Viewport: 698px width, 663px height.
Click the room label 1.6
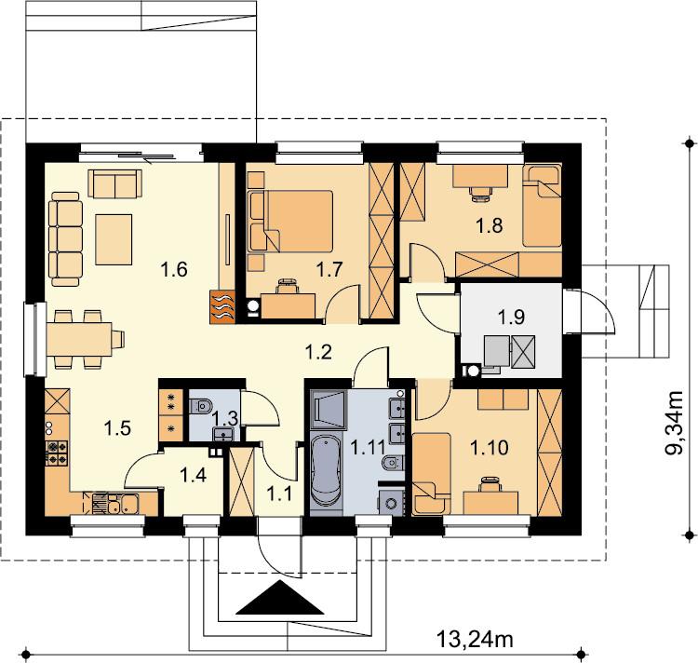[174, 270]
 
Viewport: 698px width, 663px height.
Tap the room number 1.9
[511, 317]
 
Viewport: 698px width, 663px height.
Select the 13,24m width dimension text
[475, 640]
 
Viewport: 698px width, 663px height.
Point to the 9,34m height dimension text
[674, 423]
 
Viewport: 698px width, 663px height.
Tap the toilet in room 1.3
[200, 406]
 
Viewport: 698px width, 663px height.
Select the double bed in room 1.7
[290, 222]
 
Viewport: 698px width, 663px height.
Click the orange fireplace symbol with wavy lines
[222, 306]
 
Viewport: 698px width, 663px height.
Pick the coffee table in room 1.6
[114, 239]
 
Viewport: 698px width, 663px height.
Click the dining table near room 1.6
[80, 339]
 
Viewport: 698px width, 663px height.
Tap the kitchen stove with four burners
[57, 453]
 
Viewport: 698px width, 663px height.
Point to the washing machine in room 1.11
[391, 503]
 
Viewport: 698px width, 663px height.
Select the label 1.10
[490, 449]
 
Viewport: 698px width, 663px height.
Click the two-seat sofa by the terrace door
[114, 183]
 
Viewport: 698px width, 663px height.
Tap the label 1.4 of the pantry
[193, 475]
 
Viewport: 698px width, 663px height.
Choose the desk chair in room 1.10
[490, 484]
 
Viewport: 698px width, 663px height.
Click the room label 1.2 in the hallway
[318, 352]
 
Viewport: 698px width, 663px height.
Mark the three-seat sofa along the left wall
[66, 239]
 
